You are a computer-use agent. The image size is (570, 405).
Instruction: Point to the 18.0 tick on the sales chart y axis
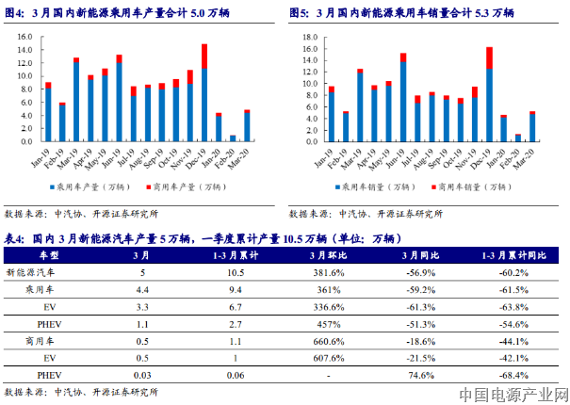(306, 36)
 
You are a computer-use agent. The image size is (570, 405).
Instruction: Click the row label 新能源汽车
(45, 272)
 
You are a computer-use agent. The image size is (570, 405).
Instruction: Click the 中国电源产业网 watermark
(515, 394)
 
